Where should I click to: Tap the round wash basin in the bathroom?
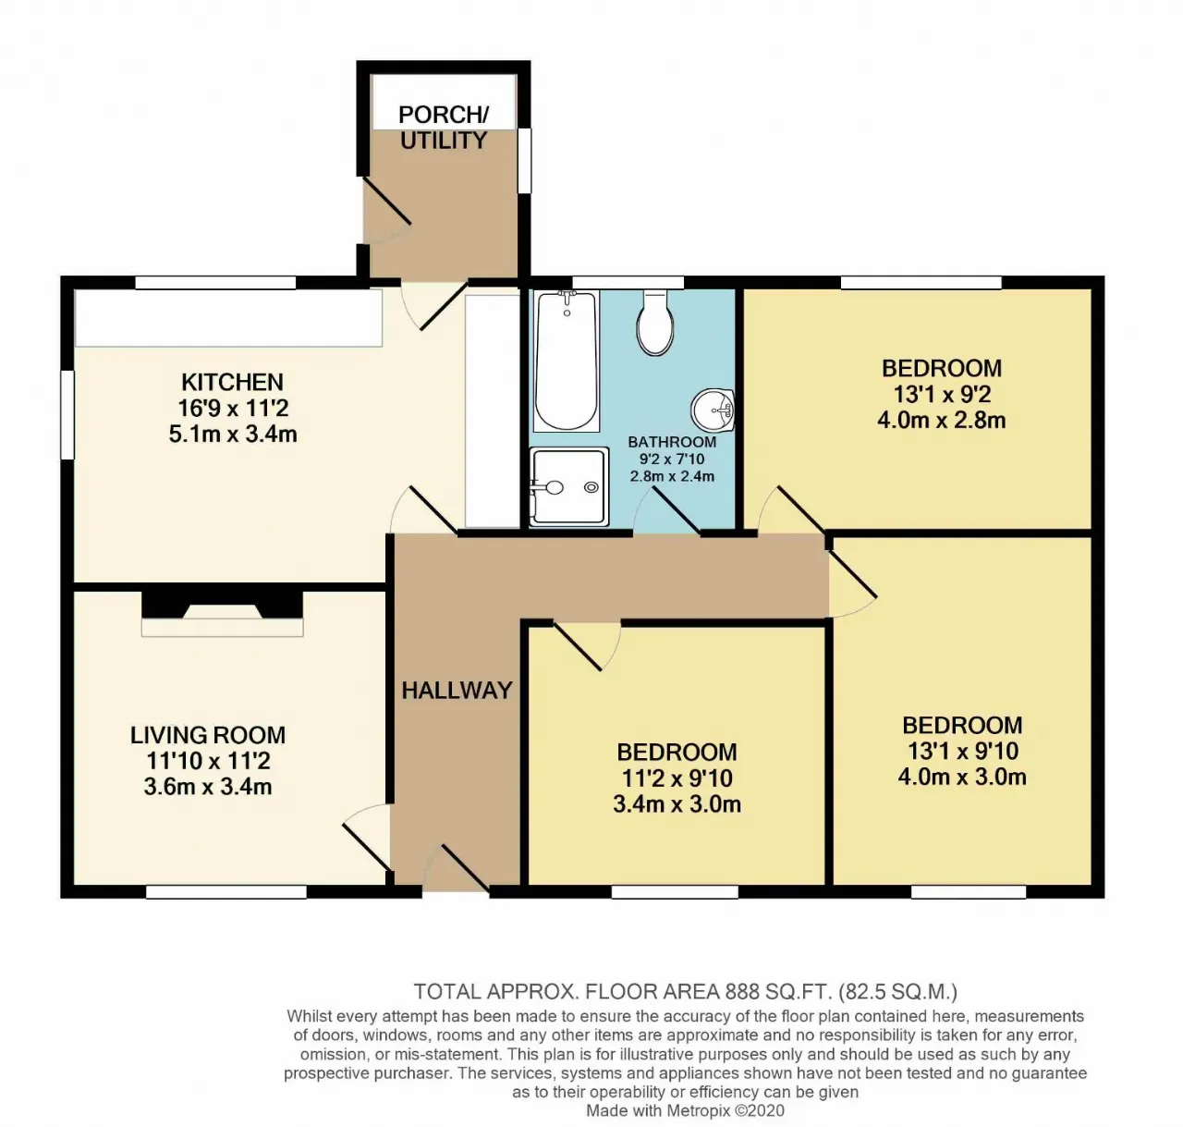[713, 410]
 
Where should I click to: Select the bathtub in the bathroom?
[567, 360]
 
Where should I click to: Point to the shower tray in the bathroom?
[568, 486]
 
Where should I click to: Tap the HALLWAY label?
[457, 691]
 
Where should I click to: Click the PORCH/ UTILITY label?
[444, 127]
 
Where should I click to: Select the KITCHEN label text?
[232, 382]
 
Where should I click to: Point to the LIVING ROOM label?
[208, 735]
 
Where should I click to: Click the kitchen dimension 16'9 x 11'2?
[233, 408]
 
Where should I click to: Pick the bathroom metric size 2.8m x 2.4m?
[672, 476]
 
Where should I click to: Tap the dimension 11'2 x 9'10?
[677, 778]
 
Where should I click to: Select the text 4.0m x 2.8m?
[942, 420]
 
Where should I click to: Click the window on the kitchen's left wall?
[67, 415]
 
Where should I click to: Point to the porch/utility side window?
[525, 160]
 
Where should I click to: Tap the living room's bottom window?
[226, 891]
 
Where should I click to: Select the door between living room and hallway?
[367, 837]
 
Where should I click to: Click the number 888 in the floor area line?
[743, 990]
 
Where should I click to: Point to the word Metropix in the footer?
[695, 1110]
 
